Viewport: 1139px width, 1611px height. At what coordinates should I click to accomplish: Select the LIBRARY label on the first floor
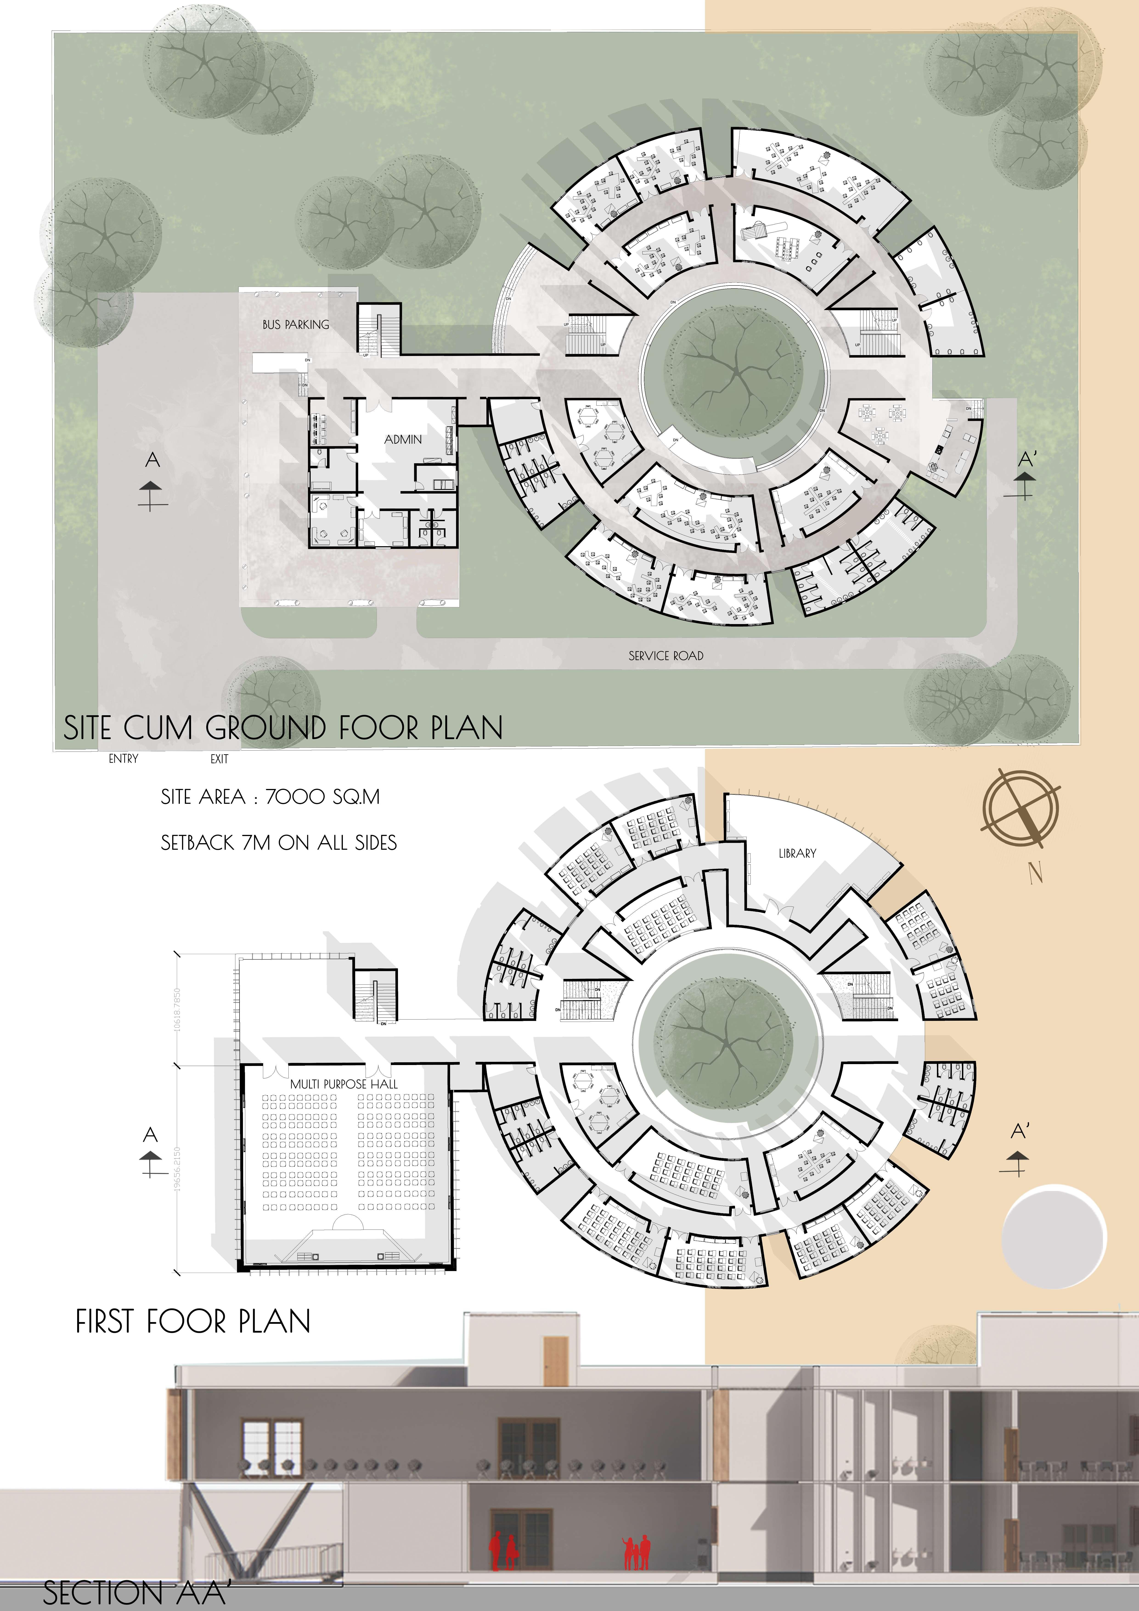coord(798,853)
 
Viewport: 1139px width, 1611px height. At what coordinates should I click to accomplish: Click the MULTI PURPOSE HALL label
coord(344,1084)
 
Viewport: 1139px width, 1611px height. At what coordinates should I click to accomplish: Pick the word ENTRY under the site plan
coord(124,758)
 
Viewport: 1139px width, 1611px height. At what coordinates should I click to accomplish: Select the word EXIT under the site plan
coord(220,758)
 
